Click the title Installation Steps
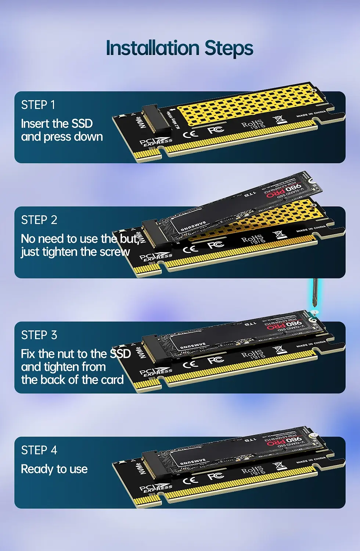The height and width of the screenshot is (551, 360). pyautogui.click(x=180, y=48)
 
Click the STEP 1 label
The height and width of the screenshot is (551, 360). pyautogui.click(x=38, y=105)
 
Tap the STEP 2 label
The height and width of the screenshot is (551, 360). pyautogui.click(x=39, y=220)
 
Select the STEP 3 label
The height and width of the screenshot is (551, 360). pyautogui.click(x=39, y=335)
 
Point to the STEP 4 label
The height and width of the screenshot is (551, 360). pyautogui.click(x=39, y=450)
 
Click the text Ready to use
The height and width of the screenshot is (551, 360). pyautogui.click(x=54, y=469)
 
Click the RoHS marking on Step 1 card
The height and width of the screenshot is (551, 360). pyautogui.click(x=253, y=124)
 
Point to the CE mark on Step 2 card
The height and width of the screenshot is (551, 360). pyautogui.click(x=191, y=249)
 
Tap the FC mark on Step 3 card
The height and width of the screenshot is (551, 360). pyautogui.click(x=216, y=360)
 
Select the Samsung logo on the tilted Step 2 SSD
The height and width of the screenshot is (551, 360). pyautogui.click(x=193, y=228)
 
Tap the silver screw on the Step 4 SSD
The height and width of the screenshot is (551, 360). pyautogui.click(x=313, y=436)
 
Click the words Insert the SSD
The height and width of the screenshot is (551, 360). pyautogui.click(x=57, y=124)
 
